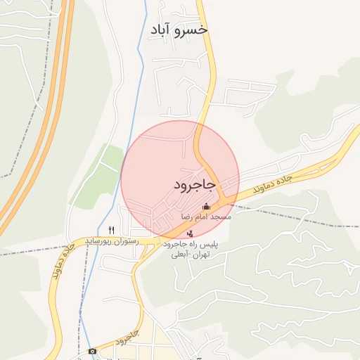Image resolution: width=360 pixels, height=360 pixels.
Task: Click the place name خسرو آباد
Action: tap(179, 30)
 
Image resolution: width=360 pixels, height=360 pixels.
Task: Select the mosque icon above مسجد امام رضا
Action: tap(206, 206)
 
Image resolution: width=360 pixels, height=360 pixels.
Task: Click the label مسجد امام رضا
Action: tap(206, 217)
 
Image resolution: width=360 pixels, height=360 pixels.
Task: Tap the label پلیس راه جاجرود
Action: tap(191, 244)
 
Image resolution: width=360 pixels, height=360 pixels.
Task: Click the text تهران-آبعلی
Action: tap(191, 255)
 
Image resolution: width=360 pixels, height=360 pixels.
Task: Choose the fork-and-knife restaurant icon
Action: tap(111, 230)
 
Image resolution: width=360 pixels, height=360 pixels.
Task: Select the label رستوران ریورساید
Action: tap(112, 240)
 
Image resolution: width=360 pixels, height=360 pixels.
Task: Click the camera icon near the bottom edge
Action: tap(92, 351)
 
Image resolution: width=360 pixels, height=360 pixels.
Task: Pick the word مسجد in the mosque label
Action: tap(221, 217)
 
